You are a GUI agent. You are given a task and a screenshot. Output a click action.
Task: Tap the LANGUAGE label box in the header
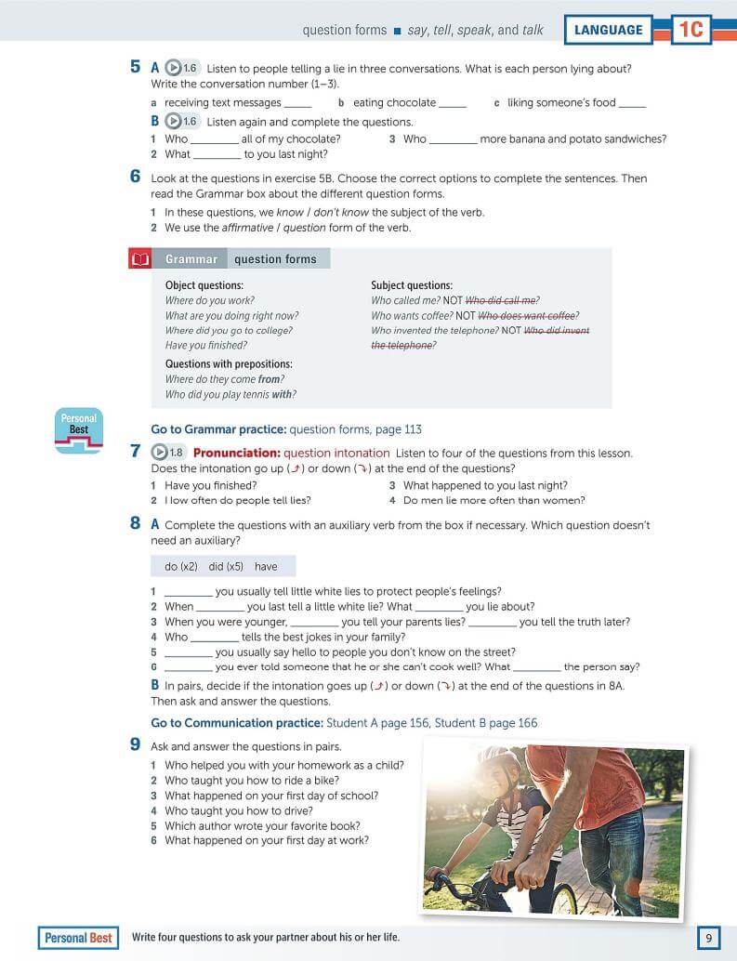pos(608,30)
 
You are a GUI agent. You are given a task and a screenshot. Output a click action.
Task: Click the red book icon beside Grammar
pos(139,259)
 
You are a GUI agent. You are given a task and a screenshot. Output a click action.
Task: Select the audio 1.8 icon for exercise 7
pos(168,453)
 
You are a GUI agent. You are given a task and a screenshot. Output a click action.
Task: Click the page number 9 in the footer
pos(708,938)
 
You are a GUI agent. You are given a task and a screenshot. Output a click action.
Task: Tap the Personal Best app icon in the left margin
pos(79,430)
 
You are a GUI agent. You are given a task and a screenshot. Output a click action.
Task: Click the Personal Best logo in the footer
pos(78,938)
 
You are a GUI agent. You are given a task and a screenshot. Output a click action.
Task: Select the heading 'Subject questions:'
pos(412,285)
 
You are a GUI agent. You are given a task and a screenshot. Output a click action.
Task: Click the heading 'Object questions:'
pos(204,285)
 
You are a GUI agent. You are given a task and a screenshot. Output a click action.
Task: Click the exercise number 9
pos(136,745)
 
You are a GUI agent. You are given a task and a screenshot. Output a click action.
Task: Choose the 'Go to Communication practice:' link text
pos(236,722)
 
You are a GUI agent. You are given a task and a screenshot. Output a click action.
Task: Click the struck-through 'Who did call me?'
pos(502,300)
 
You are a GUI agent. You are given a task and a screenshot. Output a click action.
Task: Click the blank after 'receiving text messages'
pos(298,104)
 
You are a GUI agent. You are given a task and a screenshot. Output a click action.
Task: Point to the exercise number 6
pos(136,178)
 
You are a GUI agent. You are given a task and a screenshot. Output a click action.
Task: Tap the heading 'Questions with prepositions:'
pos(229,363)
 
